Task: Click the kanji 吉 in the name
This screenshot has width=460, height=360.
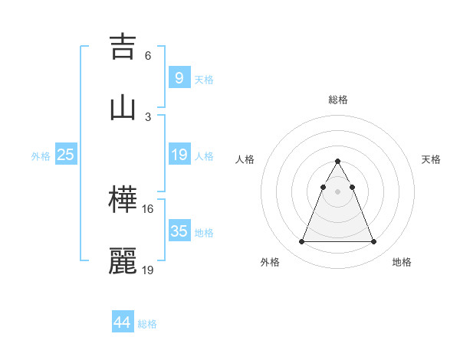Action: (123, 45)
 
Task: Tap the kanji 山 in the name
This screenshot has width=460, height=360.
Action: (123, 107)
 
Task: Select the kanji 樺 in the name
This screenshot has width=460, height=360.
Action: (123, 200)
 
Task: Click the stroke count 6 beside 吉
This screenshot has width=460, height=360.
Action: (148, 55)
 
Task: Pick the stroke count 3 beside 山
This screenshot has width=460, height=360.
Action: (148, 116)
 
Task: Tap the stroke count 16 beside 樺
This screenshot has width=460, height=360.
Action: (148, 209)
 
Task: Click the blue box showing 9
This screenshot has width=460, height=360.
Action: (179, 77)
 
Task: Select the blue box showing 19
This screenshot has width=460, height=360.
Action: (179, 155)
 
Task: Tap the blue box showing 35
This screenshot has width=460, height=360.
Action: (179, 231)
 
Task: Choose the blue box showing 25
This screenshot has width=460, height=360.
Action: (65, 155)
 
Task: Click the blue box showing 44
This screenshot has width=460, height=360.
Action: (122, 322)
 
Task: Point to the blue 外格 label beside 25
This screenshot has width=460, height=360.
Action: (41, 156)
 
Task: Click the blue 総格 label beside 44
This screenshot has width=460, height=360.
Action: (147, 324)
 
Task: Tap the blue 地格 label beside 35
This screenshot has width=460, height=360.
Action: (204, 233)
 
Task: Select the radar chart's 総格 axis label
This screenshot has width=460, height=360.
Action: (337, 100)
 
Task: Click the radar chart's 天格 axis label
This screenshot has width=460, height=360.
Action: (431, 159)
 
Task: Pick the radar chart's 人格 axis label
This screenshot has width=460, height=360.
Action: (245, 159)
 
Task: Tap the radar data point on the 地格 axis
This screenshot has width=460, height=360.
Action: (373, 242)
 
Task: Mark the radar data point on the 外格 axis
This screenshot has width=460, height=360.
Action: (301, 242)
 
